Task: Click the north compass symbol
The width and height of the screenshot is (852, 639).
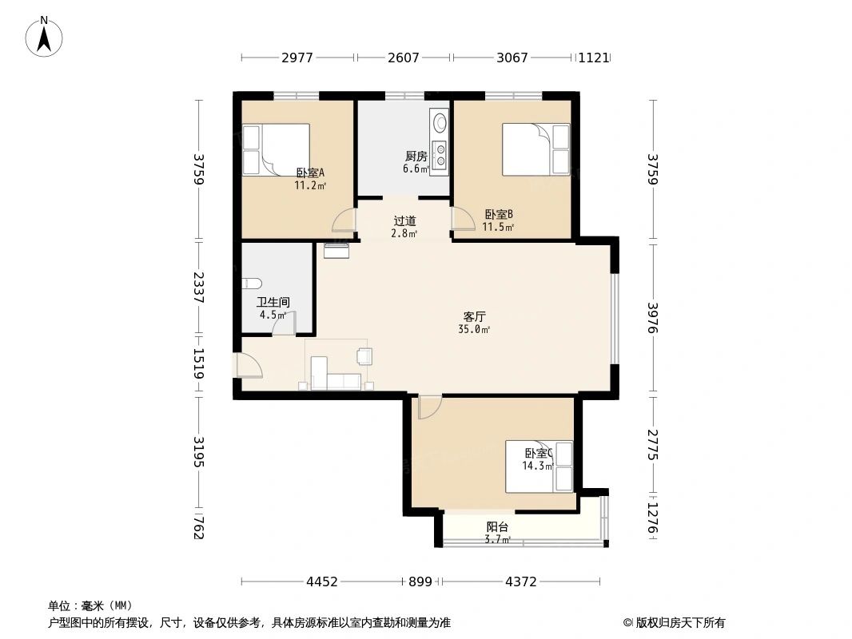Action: coord(46,36)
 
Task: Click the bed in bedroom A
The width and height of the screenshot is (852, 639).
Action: coord(276,149)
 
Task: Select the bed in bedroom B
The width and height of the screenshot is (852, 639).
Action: coord(535,149)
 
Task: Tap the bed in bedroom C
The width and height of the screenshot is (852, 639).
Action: coord(539,466)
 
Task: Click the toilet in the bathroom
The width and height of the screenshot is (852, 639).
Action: coord(251,282)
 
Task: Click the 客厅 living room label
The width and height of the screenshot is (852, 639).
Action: coord(474,316)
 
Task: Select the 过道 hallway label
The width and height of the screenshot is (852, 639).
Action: coord(404,221)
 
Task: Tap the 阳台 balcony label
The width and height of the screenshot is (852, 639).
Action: coord(497,527)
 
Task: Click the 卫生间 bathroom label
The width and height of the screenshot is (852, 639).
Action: coord(273,303)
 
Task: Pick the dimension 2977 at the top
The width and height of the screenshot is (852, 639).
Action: coord(297,58)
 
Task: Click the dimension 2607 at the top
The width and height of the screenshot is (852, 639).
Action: coord(403,58)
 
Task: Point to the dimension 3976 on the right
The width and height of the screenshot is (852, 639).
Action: coord(654,317)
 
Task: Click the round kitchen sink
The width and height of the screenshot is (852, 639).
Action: coord(440,123)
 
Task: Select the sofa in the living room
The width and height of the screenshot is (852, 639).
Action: coord(336,379)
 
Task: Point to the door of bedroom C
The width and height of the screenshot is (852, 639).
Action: coord(428,406)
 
